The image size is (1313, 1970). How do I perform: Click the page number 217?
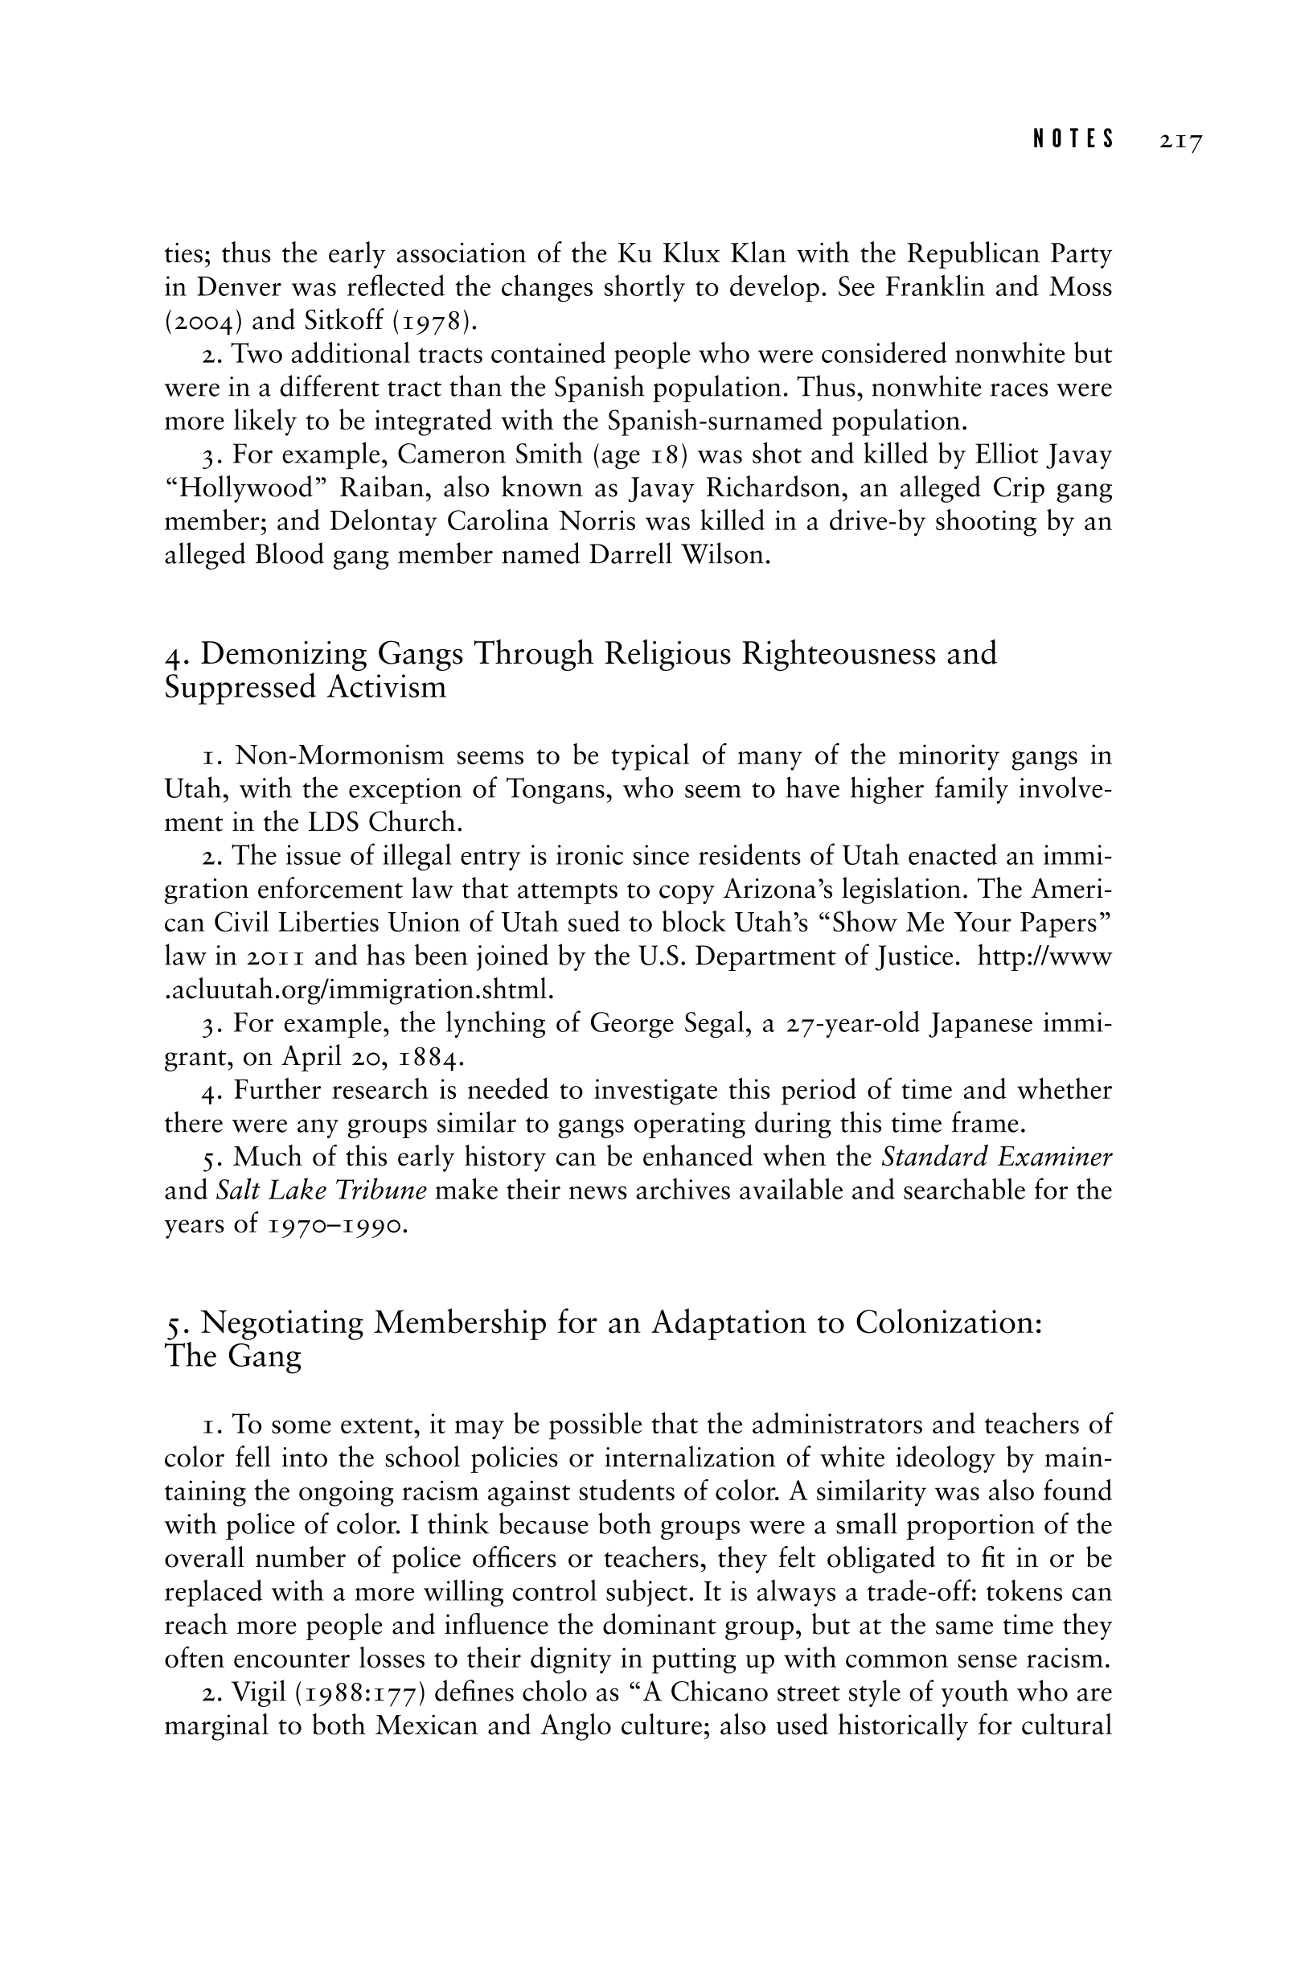pyautogui.click(x=1180, y=141)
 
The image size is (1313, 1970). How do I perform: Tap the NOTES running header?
pyautogui.click(x=1073, y=139)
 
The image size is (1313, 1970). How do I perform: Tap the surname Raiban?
pyautogui.click(x=376, y=488)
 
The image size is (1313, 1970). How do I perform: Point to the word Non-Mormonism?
pyautogui.click(x=339, y=755)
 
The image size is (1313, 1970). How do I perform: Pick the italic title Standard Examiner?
pyautogui.click(x=996, y=1157)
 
